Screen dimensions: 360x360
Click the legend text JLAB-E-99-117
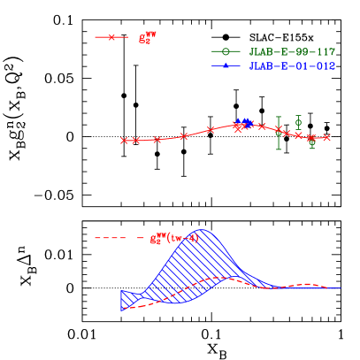click(292, 52)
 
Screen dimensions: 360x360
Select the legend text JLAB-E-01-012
click(292, 66)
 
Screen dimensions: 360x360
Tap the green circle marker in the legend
click(226, 51)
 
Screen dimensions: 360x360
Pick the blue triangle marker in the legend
click(226, 66)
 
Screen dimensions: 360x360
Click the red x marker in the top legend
click(111, 37)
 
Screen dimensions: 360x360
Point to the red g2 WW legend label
click(147, 38)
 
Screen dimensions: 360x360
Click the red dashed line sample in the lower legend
click(113, 237)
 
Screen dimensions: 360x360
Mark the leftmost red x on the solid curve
click(124, 141)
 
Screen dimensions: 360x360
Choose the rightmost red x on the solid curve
click(326, 137)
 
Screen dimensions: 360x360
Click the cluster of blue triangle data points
click(243, 122)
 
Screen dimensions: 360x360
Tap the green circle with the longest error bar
click(279, 132)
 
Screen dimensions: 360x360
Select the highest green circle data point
click(298, 121)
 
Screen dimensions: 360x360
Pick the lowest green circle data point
click(311, 142)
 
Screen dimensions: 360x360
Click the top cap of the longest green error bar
click(279, 117)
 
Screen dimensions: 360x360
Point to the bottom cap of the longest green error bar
click(279, 149)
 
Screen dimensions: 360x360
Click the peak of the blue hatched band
click(203, 231)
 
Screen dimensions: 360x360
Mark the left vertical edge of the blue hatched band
click(121, 300)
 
